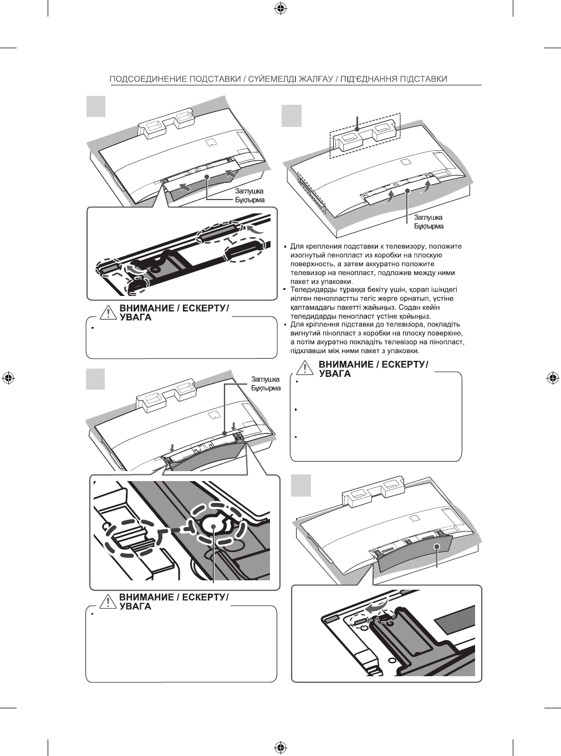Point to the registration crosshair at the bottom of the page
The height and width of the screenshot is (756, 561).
280,746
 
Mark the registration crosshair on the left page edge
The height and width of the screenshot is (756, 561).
8,378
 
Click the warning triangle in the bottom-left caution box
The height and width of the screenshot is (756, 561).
108,602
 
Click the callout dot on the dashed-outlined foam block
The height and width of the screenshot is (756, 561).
358,130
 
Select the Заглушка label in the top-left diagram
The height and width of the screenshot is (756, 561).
249,191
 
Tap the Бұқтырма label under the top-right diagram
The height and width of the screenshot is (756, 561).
430,226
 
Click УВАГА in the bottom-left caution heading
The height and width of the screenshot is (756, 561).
136,606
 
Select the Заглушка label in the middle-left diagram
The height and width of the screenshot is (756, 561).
266,380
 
